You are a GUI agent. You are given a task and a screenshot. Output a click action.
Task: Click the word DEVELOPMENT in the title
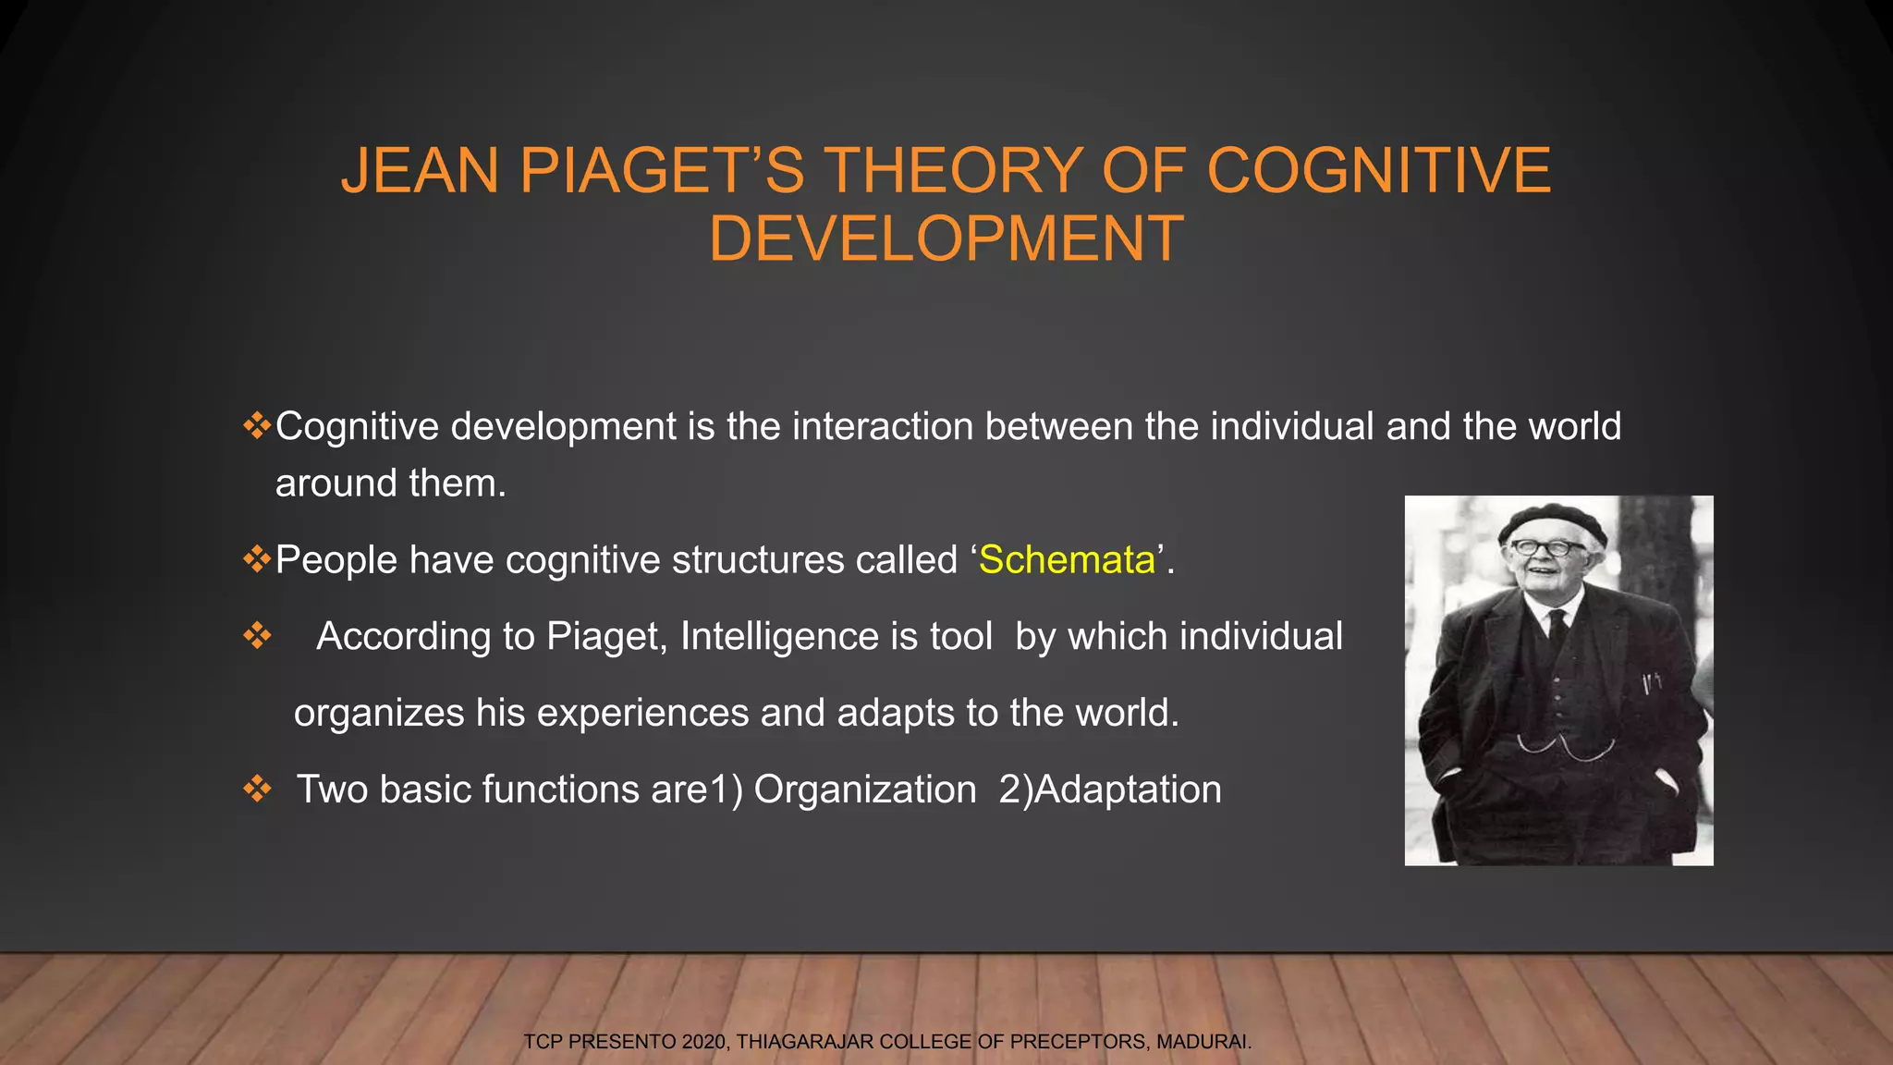(946, 239)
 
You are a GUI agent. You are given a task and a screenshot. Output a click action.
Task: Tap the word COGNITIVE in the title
(1378, 171)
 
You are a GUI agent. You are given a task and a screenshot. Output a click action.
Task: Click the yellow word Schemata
(1067, 560)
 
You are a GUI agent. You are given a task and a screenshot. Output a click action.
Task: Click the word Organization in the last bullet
(865, 790)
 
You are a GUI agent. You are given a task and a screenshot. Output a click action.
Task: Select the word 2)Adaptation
(1110, 790)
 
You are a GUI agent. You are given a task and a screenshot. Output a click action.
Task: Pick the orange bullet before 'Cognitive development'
(256, 426)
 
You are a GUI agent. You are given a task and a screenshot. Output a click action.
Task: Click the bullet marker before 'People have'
(256, 559)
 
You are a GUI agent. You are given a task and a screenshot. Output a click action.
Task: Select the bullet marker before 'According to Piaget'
(257, 636)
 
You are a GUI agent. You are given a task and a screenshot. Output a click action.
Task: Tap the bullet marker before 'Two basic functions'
(257, 790)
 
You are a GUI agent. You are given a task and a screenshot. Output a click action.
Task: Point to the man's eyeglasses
(1545, 547)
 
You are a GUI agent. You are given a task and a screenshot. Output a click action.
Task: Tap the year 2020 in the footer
(705, 1042)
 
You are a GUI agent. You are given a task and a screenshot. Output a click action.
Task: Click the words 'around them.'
(390, 484)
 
